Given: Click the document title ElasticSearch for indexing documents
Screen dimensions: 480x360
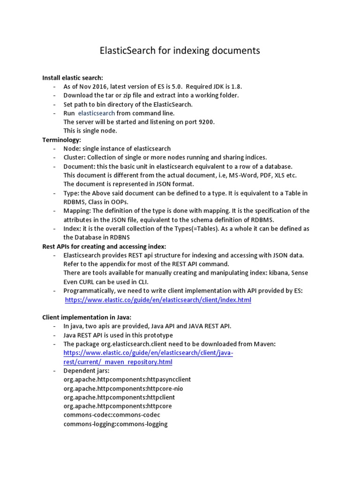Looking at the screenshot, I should pos(180,50).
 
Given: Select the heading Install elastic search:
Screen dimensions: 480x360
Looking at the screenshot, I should pos(73,78).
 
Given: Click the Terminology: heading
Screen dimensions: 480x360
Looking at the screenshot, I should pos(62,140).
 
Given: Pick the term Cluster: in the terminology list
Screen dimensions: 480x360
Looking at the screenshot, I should pos(75,157).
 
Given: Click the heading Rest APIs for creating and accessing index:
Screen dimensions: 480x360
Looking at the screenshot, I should pos(104,247).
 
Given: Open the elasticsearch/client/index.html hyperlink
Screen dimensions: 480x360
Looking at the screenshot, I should pos(157,300).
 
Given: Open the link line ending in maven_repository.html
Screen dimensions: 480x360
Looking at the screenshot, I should pos(118,362).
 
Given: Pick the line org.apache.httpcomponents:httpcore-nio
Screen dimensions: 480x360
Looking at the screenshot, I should pos(123,389).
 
